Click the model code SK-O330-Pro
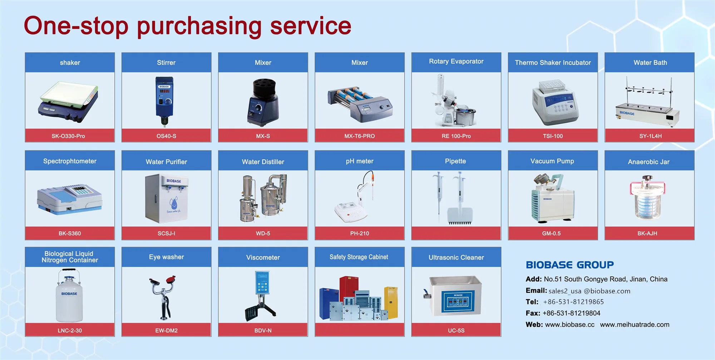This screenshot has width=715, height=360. [68, 136]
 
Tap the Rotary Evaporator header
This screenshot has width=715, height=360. [456, 61]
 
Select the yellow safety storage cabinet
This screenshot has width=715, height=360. [391, 302]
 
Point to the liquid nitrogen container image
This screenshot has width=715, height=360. [69, 296]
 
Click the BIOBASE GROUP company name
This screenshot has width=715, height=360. [569, 265]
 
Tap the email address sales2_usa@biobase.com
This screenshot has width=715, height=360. [589, 291]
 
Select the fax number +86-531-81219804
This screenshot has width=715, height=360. [571, 313]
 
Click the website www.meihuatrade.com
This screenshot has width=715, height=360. [635, 325]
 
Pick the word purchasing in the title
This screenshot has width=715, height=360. [199, 26]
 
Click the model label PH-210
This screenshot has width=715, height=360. [359, 233]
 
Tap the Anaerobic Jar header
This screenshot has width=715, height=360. [649, 162]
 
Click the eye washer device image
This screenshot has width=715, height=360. [163, 297]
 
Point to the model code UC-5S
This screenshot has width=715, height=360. [456, 331]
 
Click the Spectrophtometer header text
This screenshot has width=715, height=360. [70, 161]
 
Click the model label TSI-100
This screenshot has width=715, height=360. [553, 136]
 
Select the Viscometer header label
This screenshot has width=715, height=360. [263, 257]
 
